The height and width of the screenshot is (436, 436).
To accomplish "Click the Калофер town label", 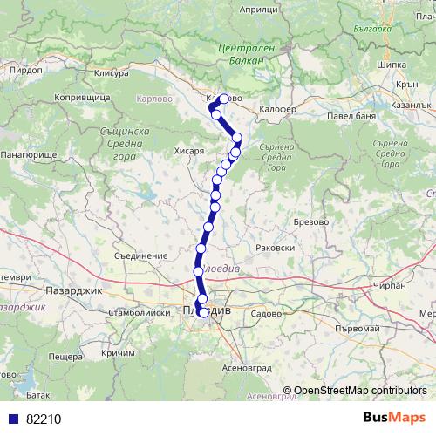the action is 278,109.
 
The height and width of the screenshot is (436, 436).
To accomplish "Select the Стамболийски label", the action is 131,310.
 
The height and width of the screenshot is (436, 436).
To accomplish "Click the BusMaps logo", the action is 394,418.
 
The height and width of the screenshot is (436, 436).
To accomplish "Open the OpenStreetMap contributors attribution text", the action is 360,391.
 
